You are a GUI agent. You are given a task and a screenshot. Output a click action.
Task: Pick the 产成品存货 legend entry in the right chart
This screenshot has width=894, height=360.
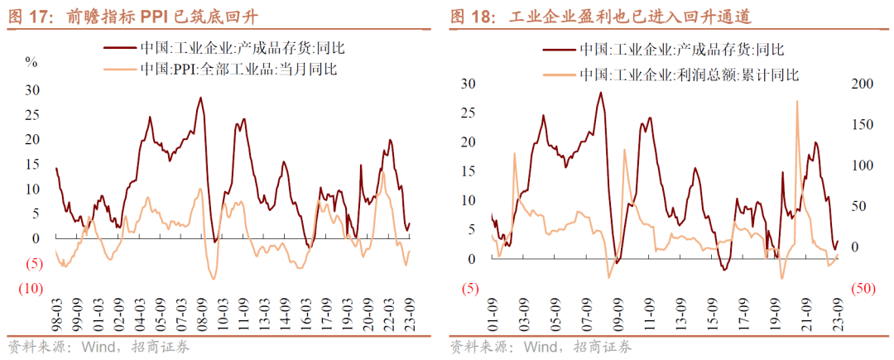point(677,51)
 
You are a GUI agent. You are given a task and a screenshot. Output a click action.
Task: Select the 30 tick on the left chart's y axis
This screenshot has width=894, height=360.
point(31,90)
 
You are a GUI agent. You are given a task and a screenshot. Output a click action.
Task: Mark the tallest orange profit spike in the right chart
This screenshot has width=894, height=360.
point(796,102)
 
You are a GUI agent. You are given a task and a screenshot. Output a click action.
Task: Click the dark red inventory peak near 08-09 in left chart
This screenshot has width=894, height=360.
point(200,98)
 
